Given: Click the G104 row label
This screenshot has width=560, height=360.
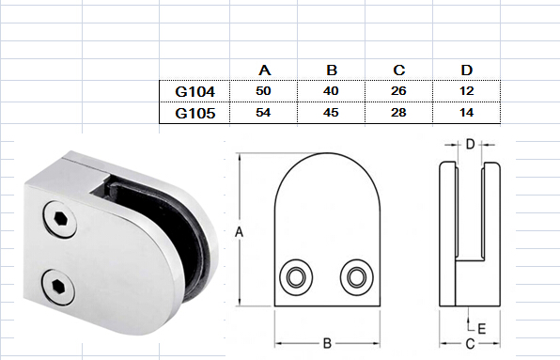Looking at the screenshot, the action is [x=195, y=92].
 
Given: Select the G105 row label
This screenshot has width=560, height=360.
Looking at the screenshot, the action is [x=195, y=113].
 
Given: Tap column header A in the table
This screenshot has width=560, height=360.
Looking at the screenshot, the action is [x=264, y=70].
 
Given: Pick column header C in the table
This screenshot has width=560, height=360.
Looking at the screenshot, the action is [x=399, y=70].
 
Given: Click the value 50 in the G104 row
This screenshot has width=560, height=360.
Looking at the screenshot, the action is [x=263, y=91].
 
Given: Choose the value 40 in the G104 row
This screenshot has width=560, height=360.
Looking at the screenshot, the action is [x=331, y=91].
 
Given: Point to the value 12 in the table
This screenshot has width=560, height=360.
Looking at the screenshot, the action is [x=466, y=91].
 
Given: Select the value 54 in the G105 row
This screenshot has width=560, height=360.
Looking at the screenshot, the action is [x=263, y=113].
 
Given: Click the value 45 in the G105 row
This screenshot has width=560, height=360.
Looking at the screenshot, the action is [x=331, y=113].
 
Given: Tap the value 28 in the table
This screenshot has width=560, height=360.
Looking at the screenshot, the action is [x=398, y=113].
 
